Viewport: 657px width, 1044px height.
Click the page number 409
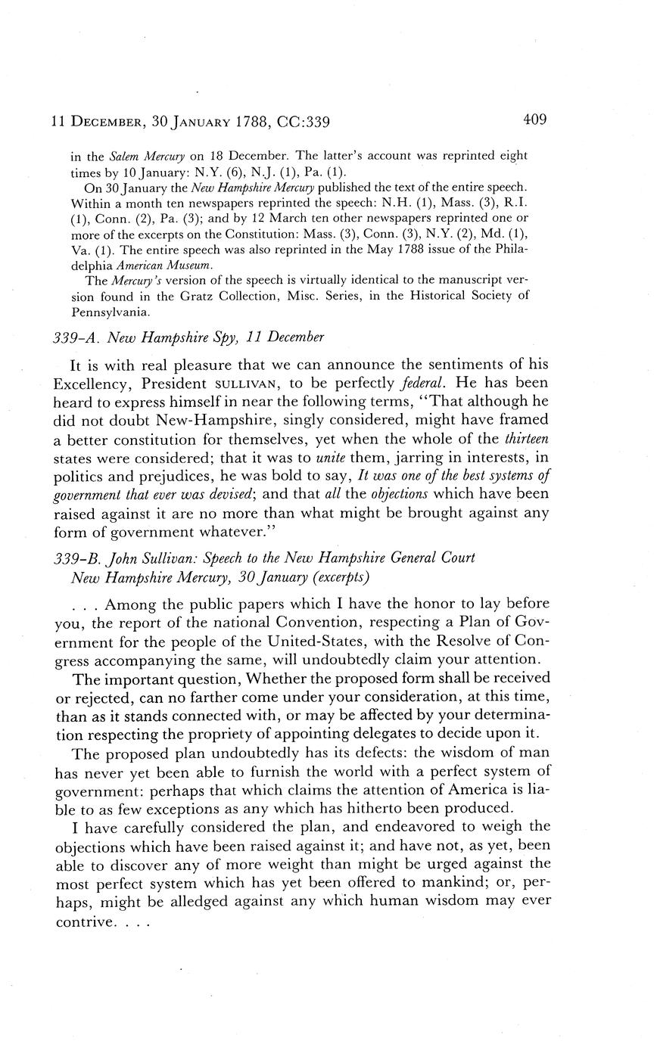(534, 120)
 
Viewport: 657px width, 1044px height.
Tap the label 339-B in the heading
(79, 558)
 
